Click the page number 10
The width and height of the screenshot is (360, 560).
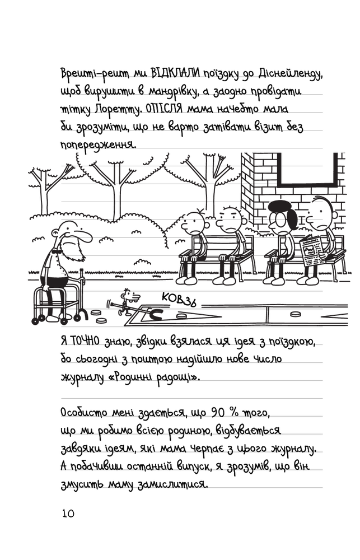[68, 514]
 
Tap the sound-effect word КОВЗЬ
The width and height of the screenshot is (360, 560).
[179, 299]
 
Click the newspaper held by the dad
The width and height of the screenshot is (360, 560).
[311, 251]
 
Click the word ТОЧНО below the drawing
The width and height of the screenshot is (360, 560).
[85, 341]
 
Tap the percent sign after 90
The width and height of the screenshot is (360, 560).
[233, 413]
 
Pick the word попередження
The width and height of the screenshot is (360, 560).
[98, 145]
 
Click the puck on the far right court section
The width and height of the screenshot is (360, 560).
[295, 314]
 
